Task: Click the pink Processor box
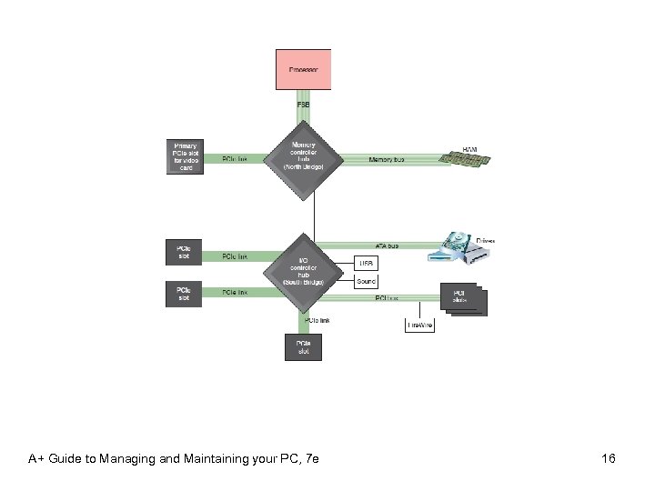pos(303,69)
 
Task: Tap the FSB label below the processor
pos(303,106)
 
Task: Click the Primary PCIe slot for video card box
pos(186,156)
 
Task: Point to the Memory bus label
pos(387,159)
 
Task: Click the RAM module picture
pos(466,158)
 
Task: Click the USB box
pos(366,264)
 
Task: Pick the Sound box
pos(366,282)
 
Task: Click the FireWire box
pos(419,324)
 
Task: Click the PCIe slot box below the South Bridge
pos(303,346)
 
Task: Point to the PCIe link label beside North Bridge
pos(235,159)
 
